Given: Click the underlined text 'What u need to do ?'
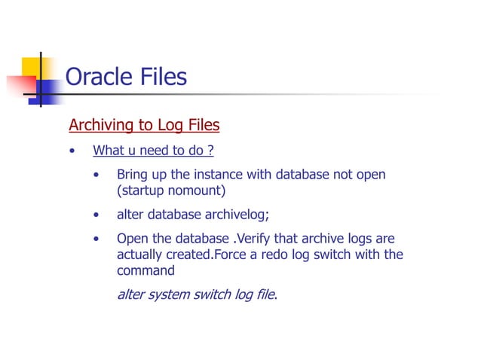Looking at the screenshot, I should click(153, 151).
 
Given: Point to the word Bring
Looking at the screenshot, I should click(133, 175).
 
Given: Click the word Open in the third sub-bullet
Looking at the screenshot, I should click(132, 239).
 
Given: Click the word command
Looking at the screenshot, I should click(146, 270).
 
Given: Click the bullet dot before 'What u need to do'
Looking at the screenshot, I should click(72, 151).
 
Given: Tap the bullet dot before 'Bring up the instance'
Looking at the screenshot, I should click(97, 175).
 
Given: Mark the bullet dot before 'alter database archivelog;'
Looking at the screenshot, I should click(97, 215).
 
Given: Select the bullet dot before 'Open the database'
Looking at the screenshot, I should click(97, 239).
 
